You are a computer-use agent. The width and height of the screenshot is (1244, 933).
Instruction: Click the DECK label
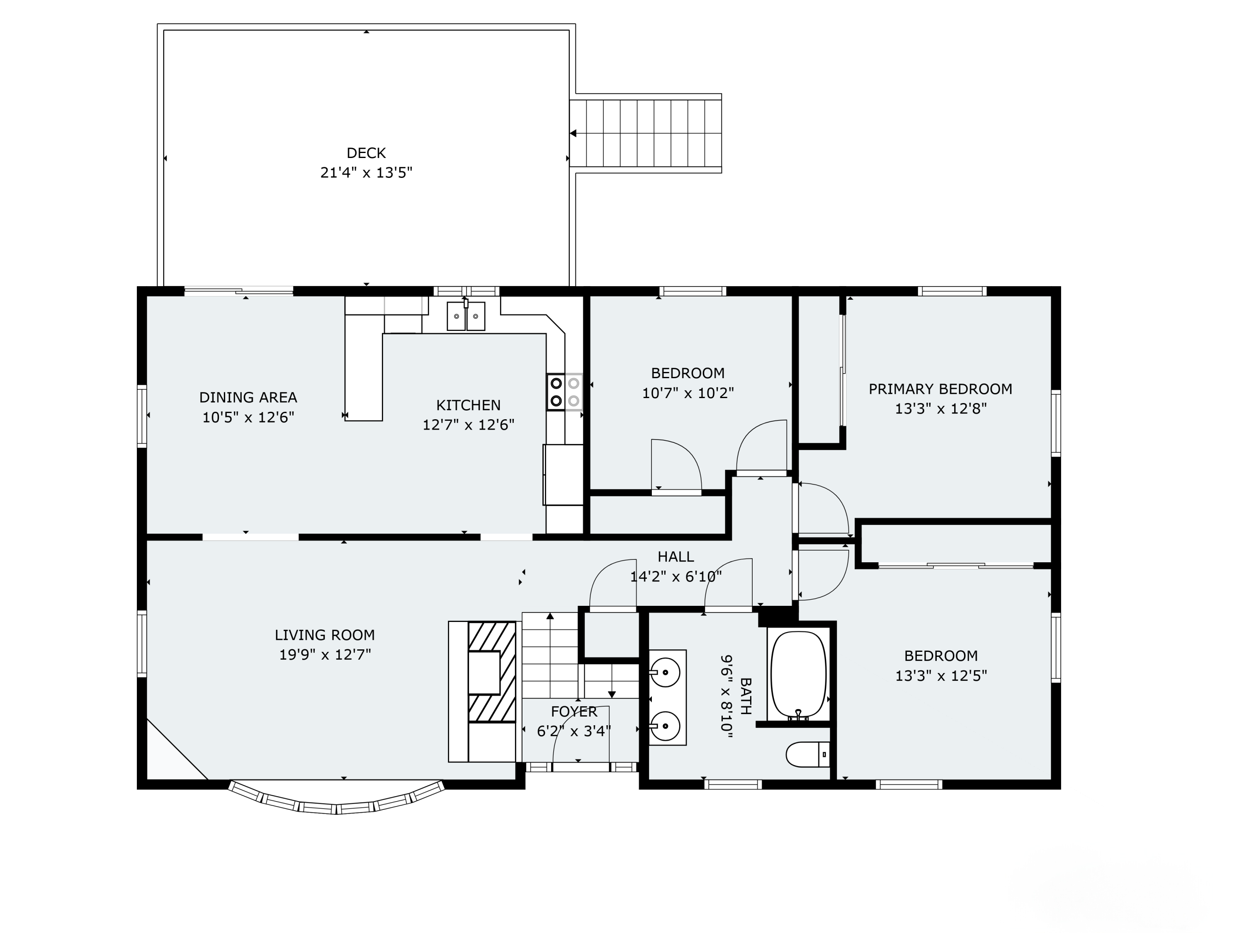[x=366, y=153]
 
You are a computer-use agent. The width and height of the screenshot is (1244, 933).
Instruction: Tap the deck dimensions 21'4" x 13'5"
[x=366, y=173]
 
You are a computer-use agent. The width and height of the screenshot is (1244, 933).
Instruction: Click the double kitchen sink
[x=466, y=316]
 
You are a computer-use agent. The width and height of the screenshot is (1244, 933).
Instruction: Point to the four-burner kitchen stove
[x=565, y=392]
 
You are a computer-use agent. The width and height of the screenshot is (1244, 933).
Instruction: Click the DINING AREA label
[x=248, y=398]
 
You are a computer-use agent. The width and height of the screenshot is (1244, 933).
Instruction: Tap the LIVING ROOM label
[x=325, y=635]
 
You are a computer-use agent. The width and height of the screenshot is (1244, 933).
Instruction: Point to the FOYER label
[x=573, y=712]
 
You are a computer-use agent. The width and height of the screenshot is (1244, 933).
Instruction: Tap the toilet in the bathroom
[x=808, y=755]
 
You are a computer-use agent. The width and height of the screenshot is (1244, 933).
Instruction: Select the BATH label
[x=746, y=696]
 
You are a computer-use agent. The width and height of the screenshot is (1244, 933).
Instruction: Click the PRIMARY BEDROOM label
[x=940, y=389]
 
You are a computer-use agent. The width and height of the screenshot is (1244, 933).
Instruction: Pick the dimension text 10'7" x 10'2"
[x=688, y=393]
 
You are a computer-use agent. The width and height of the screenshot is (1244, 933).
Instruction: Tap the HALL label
[x=676, y=557]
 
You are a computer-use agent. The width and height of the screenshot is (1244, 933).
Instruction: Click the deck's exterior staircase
[x=646, y=133]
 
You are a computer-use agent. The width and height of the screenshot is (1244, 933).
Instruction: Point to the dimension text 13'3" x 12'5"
[x=941, y=675]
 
